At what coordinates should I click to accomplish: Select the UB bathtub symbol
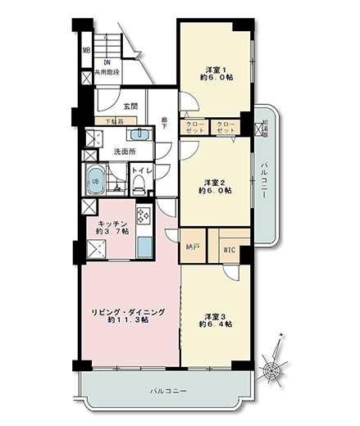coord(94,182)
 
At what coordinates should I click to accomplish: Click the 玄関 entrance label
coord(131,106)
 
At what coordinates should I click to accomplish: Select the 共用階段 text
coord(107,72)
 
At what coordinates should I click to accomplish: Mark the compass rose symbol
coord(269,369)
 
